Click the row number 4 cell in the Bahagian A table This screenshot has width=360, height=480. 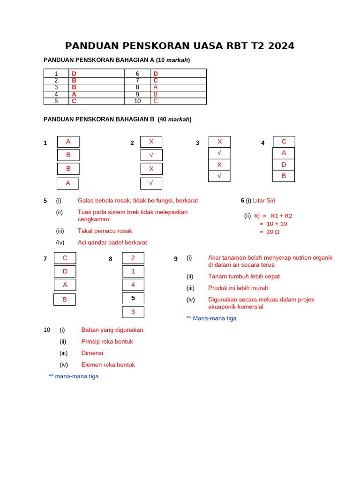56,94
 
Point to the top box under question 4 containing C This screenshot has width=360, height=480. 284,142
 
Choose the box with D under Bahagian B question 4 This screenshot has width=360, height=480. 284,165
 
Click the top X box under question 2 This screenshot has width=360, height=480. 151,142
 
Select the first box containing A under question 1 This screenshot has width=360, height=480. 68,142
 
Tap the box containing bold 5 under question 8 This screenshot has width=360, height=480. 133,298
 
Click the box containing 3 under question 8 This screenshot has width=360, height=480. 133,312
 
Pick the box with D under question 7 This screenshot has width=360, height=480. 65,271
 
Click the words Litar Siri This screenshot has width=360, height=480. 264,201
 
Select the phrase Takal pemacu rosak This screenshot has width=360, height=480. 105,231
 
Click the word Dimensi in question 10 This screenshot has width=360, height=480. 92,353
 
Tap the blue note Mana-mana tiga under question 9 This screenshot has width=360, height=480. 211,318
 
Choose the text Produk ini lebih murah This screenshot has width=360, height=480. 238,288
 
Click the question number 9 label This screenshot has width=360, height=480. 176,259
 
